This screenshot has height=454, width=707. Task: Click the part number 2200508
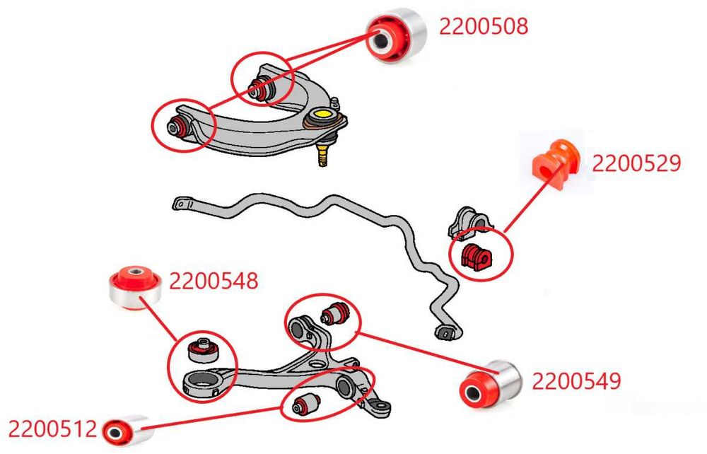point(484,26)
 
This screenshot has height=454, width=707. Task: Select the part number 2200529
point(636,163)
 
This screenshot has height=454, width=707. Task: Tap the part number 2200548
point(214,281)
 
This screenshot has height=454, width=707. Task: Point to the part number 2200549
point(576,381)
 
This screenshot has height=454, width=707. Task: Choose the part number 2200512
point(52,429)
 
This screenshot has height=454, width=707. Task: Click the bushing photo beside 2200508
point(395,35)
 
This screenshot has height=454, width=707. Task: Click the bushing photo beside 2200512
point(127,430)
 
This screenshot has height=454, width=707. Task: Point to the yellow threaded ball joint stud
point(322,155)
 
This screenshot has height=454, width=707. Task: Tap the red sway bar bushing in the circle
point(476,257)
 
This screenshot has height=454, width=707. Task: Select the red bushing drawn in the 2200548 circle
point(202,349)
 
